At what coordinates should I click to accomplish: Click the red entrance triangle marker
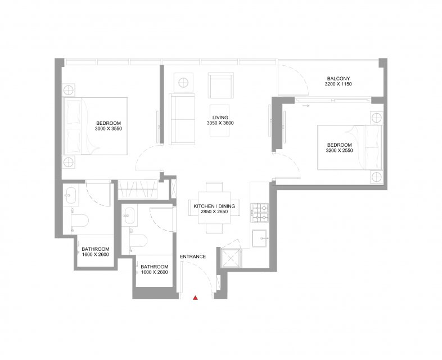(x=195, y=298)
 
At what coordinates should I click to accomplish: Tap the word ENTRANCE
(x=193, y=256)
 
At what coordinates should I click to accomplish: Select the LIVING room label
(x=220, y=118)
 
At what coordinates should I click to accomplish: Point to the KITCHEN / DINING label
(x=214, y=206)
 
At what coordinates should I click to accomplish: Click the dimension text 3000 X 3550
(x=109, y=129)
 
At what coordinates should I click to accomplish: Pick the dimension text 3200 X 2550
(x=340, y=150)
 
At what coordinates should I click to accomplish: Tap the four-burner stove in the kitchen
(x=260, y=213)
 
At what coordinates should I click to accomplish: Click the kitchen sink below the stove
(x=259, y=238)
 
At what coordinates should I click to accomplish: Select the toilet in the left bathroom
(x=80, y=220)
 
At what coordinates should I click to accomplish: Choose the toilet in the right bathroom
(x=138, y=241)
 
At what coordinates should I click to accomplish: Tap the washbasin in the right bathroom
(x=129, y=215)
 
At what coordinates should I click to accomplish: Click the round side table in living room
(x=183, y=83)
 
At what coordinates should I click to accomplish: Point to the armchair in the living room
(x=221, y=85)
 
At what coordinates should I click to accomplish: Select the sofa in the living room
(x=182, y=119)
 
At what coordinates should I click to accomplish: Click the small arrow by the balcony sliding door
(x=305, y=106)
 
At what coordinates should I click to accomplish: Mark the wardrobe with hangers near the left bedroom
(x=137, y=188)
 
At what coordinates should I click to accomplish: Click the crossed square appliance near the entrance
(x=231, y=258)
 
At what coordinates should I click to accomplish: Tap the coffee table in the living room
(x=219, y=121)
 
